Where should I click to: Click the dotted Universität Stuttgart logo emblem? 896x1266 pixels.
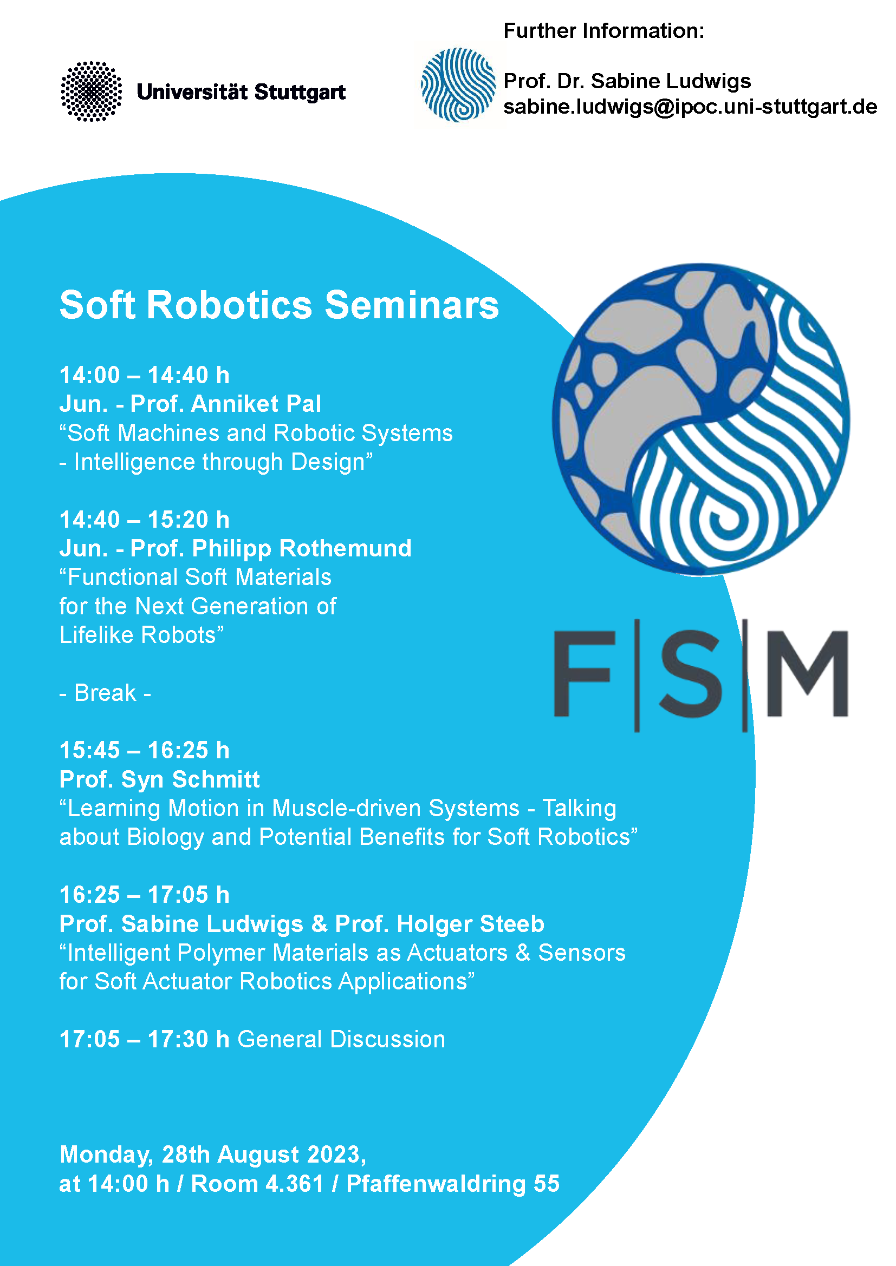[x=91, y=91]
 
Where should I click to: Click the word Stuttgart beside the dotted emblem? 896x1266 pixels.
[x=300, y=93]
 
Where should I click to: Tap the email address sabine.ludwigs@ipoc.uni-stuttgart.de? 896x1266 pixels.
[x=690, y=107]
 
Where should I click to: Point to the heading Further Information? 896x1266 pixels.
[x=603, y=31]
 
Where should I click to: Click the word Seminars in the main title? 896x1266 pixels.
[x=412, y=304]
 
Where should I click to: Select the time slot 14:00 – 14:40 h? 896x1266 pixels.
[x=145, y=376]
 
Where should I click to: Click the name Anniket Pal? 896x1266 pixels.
[x=256, y=404]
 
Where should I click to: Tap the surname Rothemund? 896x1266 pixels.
[x=346, y=549]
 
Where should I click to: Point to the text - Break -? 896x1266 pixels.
[x=106, y=693]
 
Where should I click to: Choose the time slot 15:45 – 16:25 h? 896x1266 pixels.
[x=145, y=750]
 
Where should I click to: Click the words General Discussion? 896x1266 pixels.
[x=341, y=1039]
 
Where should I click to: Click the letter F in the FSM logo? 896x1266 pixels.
[x=584, y=674]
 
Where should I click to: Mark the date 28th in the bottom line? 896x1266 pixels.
[x=186, y=1155]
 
